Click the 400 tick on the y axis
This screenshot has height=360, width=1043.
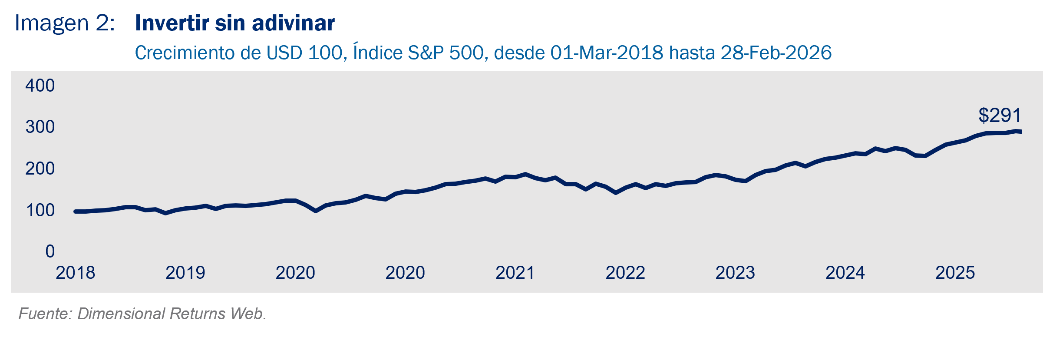pyautogui.click(x=40, y=86)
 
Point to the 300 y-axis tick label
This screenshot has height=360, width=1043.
pyautogui.click(x=40, y=127)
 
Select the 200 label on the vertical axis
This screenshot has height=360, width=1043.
pyautogui.click(x=40, y=168)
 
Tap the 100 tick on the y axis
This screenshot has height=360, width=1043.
pyautogui.click(x=40, y=210)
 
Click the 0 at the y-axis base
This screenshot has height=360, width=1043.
pyautogui.click(x=50, y=251)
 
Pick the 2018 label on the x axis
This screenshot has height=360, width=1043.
pyautogui.click(x=75, y=273)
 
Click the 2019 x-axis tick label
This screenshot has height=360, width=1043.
pyautogui.click(x=185, y=273)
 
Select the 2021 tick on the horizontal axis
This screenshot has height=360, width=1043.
pyautogui.click(x=515, y=273)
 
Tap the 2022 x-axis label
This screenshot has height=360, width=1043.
pyautogui.click(x=625, y=273)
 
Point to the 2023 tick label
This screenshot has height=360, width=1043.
pyautogui.click(x=735, y=273)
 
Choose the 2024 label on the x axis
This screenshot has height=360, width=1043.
pyautogui.click(x=845, y=273)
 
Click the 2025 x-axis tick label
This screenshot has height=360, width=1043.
pyautogui.click(x=955, y=273)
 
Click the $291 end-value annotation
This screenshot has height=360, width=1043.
pyautogui.click(x=1000, y=116)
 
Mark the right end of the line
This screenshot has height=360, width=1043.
pyautogui.click(x=1020, y=132)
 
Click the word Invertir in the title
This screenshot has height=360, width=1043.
pyautogui.click(x=172, y=23)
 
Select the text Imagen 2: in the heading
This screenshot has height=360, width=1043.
pyautogui.click(x=65, y=23)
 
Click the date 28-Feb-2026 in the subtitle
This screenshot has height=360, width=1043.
pyautogui.click(x=776, y=53)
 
